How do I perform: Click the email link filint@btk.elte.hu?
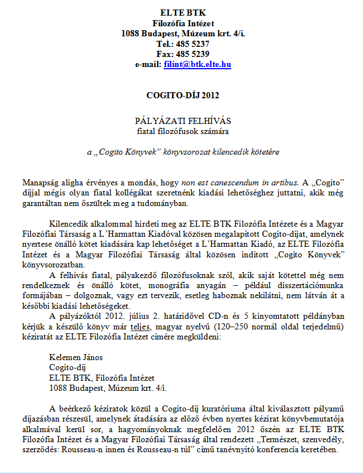click(x=197, y=65)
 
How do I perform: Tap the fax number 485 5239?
click(x=192, y=54)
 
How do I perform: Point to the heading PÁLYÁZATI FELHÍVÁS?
click(x=183, y=121)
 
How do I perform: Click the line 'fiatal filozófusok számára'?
click(x=183, y=131)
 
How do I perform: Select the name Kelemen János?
click(x=76, y=357)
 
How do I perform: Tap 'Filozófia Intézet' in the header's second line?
click(x=183, y=23)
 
